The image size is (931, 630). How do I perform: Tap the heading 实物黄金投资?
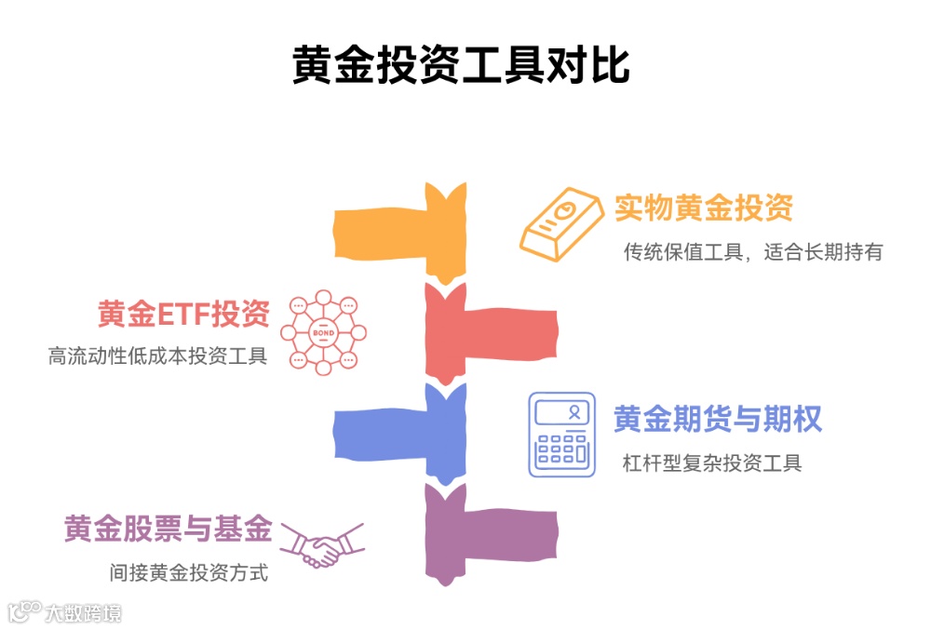(703, 208)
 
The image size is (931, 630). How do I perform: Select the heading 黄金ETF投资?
(183, 315)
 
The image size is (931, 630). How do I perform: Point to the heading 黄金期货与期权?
(718, 420)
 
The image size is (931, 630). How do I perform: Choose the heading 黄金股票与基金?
(169, 529)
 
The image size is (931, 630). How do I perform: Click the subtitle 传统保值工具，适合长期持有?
(752, 251)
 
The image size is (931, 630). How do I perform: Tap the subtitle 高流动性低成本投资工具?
(157, 356)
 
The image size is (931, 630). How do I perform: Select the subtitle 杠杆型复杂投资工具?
(712, 462)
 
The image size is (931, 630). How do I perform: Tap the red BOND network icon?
(323, 332)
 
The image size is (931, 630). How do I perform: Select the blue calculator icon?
(561, 435)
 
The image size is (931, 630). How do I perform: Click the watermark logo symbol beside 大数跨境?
(24, 611)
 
